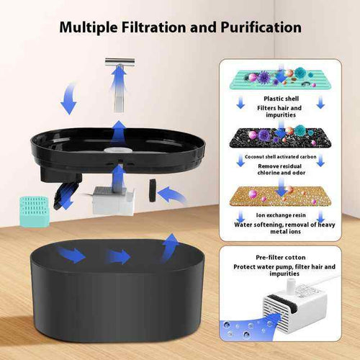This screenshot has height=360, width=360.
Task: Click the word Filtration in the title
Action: coord(153,27)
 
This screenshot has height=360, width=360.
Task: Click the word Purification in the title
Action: coord(261,27)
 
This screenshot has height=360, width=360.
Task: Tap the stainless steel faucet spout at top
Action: coord(120,63)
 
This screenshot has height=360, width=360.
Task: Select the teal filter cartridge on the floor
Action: coord(35,212)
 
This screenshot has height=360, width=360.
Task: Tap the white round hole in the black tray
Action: coord(118,150)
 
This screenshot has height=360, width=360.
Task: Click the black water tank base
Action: coord(117,289)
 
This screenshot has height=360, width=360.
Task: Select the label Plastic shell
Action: coord(281,99)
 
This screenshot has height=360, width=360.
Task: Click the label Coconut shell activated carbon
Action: coord(281,157)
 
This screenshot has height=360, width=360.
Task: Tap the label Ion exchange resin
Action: coord(281,215)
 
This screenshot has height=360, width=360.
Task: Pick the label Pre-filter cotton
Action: coord(281,258)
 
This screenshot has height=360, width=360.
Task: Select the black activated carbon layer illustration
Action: coord(281,138)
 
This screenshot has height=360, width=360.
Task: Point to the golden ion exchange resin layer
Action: coord(281,197)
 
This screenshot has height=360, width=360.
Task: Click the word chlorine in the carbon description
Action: coord(269,173)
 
